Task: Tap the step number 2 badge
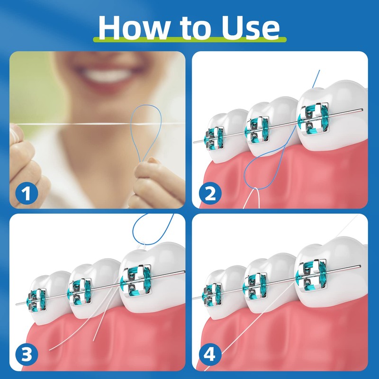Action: (x=208, y=193)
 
